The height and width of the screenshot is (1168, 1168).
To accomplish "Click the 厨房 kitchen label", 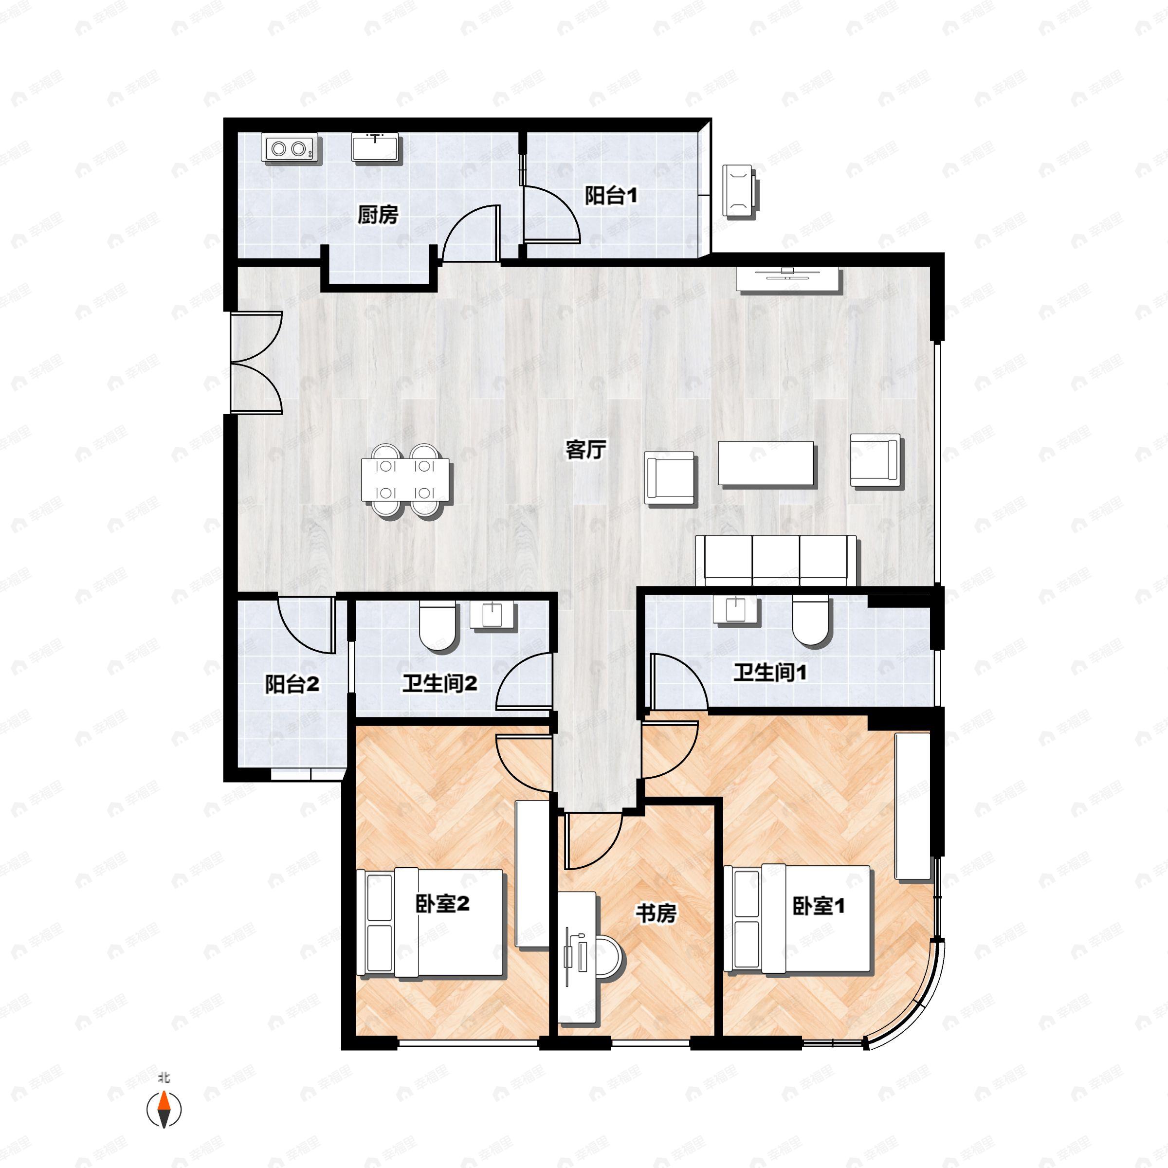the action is click(378, 215).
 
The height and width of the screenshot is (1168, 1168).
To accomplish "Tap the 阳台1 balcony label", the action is click(611, 195).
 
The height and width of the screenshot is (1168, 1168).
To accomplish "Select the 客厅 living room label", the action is click(585, 449).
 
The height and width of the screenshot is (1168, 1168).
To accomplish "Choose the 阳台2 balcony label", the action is click(292, 684).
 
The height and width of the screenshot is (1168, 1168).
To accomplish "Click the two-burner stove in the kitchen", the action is click(289, 148).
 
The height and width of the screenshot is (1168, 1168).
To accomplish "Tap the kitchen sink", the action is click(375, 147).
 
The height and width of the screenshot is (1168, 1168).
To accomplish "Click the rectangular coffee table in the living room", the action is click(766, 463).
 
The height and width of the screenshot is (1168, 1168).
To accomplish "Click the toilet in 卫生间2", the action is click(438, 626).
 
